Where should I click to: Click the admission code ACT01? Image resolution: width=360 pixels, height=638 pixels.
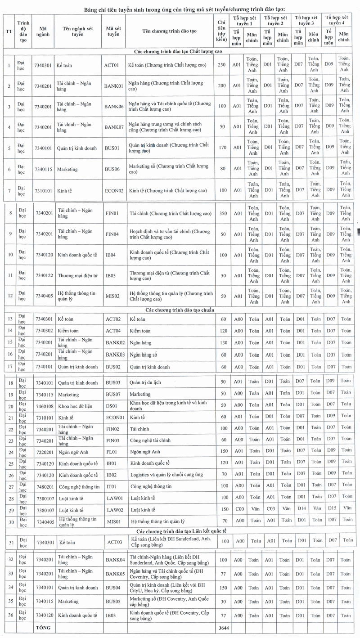point(111,65)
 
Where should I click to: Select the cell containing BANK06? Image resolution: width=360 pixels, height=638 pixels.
point(113,107)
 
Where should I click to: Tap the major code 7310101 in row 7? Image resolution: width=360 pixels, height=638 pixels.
point(44,191)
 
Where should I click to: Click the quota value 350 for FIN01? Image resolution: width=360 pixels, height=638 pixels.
point(221,213)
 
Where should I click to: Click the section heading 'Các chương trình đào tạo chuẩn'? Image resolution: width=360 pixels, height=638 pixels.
point(180,310)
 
